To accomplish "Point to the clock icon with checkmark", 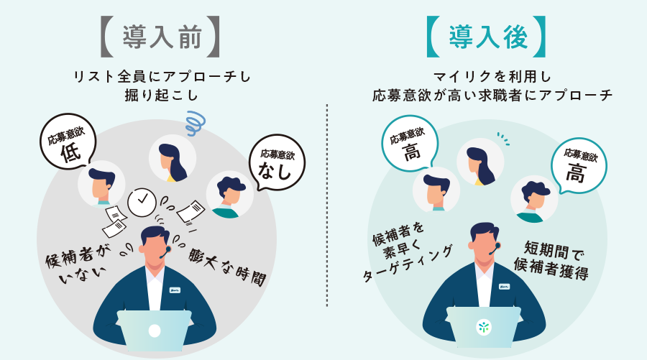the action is pyautogui.click(x=142, y=198).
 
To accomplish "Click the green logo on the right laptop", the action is pyautogui.click(x=482, y=328).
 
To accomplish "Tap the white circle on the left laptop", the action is pyautogui.click(x=155, y=331).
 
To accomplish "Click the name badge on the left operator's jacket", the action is pyautogui.click(x=174, y=290).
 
